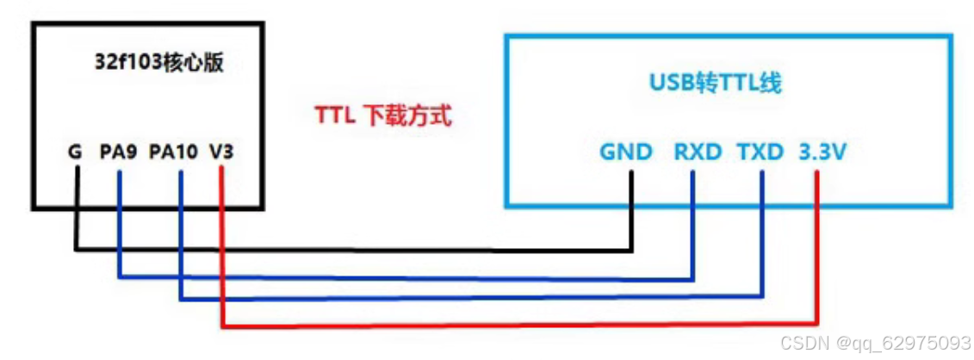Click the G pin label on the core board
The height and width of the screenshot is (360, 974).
click(x=75, y=152)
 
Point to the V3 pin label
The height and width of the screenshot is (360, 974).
click(x=220, y=152)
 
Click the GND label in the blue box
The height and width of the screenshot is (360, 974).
click(x=627, y=152)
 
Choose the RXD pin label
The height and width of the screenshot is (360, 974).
click(x=696, y=152)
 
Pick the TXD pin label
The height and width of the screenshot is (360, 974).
click(x=760, y=152)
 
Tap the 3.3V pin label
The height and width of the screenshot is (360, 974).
click(x=822, y=152)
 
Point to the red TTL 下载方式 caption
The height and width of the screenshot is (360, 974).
click(x=383, y=116)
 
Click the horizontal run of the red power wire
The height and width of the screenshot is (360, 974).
click(x=517, y=327)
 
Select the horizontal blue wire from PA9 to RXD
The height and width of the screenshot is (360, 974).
click(x=405, y=277)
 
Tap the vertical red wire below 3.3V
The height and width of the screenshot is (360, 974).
click(x=815, y=250)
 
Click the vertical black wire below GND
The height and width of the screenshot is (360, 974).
click(x=633, y=211)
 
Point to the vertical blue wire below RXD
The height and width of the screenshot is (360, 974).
click(x=693, y=224)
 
